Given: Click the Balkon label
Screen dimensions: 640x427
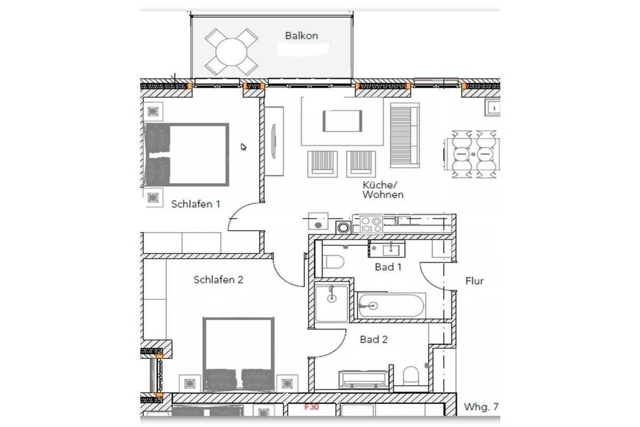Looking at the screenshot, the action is coord(301,36).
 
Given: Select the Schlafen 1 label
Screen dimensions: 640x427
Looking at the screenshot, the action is coord(196,204).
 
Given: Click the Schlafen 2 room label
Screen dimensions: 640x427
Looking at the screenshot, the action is coord(218,279).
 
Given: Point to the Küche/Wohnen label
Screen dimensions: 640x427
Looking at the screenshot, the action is coord(383,190).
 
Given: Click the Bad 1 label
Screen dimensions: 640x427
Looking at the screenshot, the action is coord(388,267).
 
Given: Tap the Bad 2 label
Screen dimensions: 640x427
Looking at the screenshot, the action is coord(374,339).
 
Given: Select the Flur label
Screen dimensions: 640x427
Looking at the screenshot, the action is coord(474,281).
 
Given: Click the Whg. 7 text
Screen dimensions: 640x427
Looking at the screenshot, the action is coord(481,406).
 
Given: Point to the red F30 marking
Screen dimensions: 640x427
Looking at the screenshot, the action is coord(311,406).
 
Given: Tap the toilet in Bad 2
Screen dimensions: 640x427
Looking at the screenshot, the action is coord(411,376).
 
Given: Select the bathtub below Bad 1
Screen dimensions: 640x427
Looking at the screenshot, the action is coord(391,305).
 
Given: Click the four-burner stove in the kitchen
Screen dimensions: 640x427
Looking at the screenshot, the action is coord(371,224).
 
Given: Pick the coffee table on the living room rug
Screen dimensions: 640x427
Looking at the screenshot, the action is coord(342,121).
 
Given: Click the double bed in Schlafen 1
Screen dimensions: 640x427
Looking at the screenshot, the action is coord(186,154).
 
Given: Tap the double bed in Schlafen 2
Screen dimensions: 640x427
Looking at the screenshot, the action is coord(238,353).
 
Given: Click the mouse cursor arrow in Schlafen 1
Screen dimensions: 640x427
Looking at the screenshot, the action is coord(243,147).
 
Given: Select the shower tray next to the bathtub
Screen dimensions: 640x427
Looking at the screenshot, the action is coord(332,303).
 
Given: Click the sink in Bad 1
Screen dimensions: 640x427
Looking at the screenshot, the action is coord(391,248).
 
